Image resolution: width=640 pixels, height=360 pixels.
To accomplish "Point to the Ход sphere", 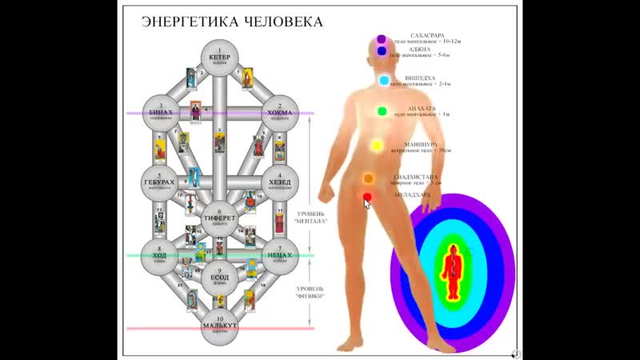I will (160, 257).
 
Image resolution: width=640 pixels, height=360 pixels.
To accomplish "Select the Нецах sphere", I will (280, 257).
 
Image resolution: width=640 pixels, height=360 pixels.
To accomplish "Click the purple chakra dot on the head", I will (382, 39).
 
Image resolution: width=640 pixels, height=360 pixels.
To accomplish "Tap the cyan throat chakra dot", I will (384, 81).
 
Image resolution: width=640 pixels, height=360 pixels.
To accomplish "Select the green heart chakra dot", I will (382, 111).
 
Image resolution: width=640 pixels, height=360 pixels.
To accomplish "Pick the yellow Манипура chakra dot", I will (376, 146).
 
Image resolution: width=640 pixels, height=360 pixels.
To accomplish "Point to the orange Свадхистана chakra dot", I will (369, 178).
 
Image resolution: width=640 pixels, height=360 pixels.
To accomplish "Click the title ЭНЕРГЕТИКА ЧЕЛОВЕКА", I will (232, 22).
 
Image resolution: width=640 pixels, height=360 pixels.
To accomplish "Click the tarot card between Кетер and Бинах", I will (191, 78).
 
